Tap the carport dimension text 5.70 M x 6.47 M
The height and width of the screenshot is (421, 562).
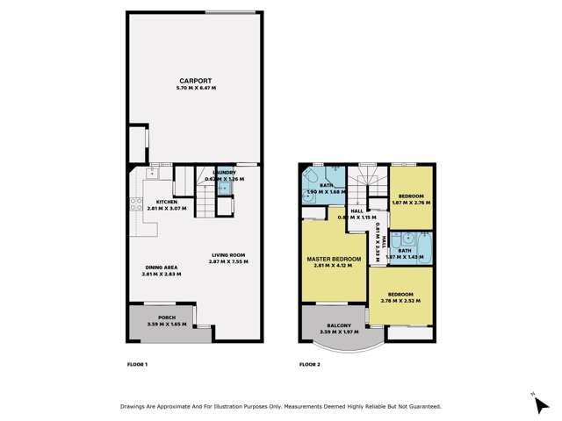194,87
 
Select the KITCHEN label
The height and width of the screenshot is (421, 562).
167,203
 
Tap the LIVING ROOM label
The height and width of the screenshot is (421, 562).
227,255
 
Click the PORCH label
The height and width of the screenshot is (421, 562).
166,318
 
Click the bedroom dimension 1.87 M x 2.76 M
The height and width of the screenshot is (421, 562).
411,203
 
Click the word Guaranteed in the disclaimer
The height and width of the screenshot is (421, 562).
421,406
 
